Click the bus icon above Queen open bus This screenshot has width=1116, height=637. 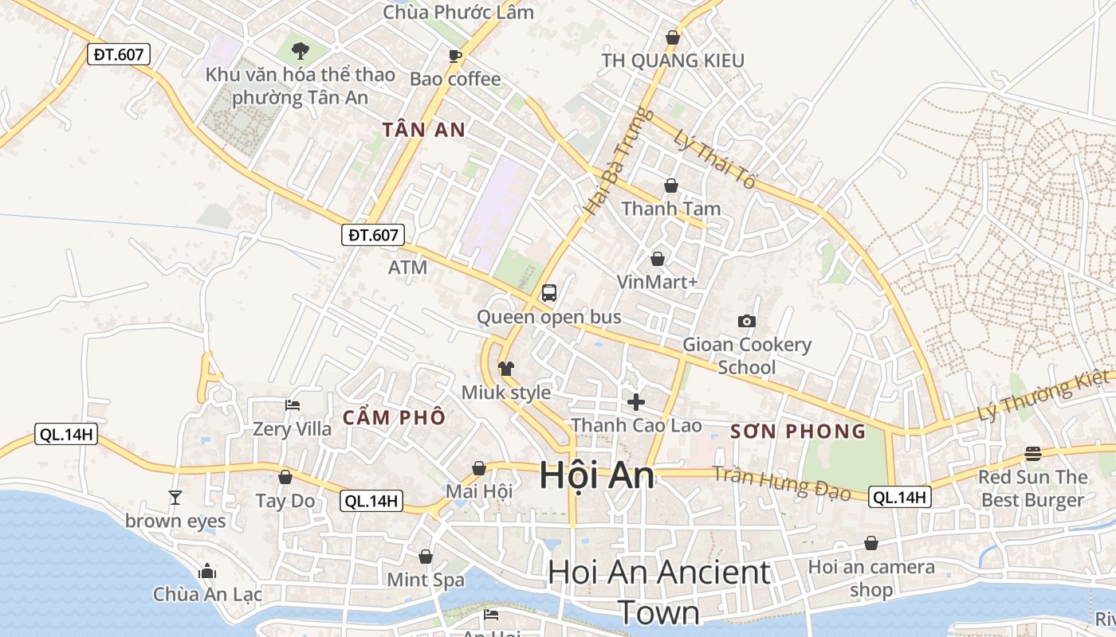tap(548, 292)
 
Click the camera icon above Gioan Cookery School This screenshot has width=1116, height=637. tap(746, 321)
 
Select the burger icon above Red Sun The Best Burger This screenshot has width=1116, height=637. tap(1033, 453)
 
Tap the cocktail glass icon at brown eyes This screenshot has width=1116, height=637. tap(175, 498)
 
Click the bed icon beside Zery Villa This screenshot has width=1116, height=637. tap(293, 404)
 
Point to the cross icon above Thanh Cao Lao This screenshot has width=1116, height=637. tap(635, 401)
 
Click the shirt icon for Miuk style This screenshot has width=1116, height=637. tap(505, 368)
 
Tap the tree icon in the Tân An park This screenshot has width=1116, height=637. tap(300, 51)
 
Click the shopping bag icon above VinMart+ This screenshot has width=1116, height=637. tap(657, 259)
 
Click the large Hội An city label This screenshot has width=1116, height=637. tap(597, 475)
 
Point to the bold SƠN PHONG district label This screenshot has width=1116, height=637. tap(798, 432)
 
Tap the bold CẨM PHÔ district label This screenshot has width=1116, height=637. tap(394, 417)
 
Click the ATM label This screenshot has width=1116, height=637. tap(407, 268)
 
